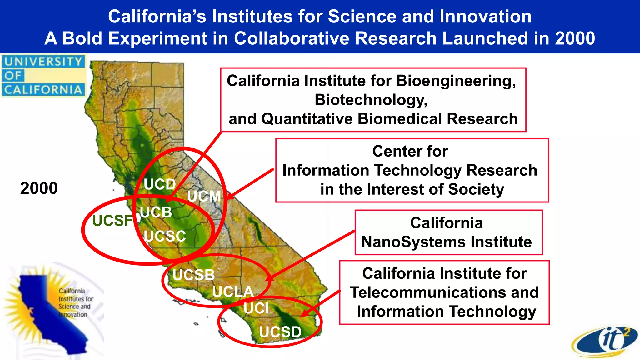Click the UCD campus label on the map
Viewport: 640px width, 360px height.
click(x=160, y=184)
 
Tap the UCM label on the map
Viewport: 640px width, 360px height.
click(x=204, y=196)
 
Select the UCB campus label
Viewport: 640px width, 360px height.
click(x=156, y=212)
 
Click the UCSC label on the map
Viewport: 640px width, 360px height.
click(x=165, y=236)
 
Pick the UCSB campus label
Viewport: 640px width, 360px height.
click(x=193, y=275)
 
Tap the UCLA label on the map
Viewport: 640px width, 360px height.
click(x=233, y=292)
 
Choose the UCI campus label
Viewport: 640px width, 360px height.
click(x=256, y=308)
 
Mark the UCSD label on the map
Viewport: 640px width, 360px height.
click(x=280, y=332)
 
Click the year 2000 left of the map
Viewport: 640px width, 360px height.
click(x=39, y=188)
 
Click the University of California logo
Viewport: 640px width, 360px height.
click(x=43, y=76)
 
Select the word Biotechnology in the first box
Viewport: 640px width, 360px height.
click(x=371, y=100)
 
